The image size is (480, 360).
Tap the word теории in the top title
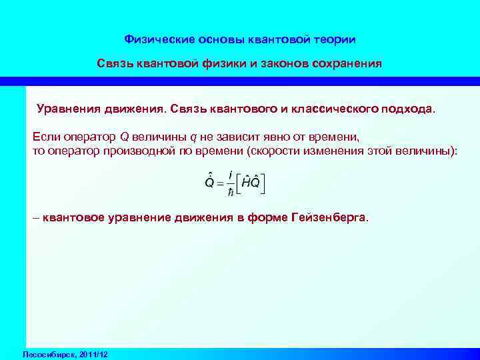pos(334,40)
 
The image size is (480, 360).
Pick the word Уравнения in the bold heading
pos(67,109)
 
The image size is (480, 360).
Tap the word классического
pos(334,109)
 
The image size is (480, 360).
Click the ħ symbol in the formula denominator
pos(230,192)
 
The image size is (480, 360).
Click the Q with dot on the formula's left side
pos(208,183)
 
